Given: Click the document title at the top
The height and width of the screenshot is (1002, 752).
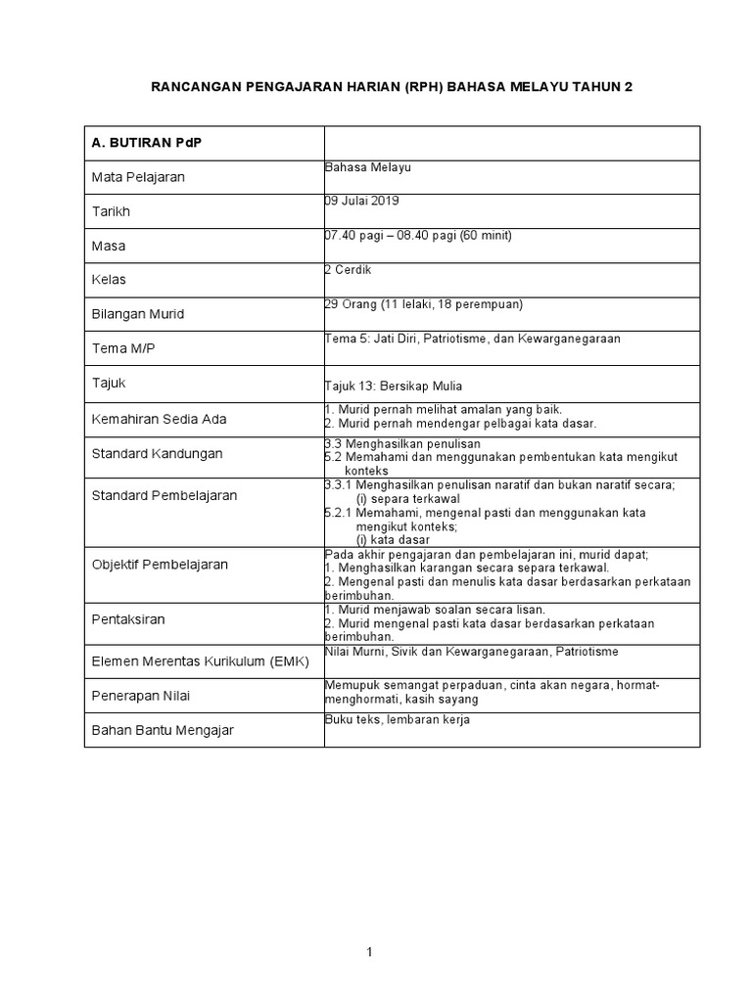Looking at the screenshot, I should tap(391, 87).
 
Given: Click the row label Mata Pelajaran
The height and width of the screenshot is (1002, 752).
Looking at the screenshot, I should tap(138, 177).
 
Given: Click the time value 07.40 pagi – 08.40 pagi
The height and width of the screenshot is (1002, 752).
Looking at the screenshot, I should tap(418, 236).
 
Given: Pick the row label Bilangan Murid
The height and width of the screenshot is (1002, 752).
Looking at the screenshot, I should tap(138, 314).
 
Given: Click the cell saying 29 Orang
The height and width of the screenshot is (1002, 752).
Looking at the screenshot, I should tap(424, 303).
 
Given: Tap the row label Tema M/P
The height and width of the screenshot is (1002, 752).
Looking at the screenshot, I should tap(123, 349).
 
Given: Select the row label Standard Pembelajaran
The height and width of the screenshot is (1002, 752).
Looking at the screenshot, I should tap(164, 495).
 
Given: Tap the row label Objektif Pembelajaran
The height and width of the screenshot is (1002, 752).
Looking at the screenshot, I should tap(160, 565).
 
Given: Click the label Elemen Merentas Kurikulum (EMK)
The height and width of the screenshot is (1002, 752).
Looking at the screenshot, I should tap(200, 661).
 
